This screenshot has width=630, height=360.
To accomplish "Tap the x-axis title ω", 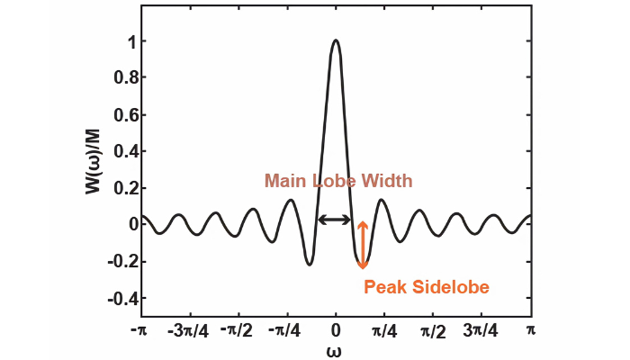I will coord(335,350).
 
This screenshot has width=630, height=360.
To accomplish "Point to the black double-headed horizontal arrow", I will coord(335,220).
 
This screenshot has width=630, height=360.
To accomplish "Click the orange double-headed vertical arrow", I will coord(363,245).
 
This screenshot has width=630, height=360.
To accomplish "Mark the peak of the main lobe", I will coord(336,40).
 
